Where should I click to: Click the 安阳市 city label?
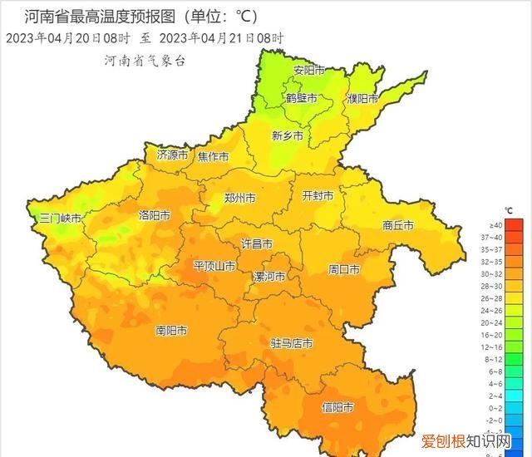(x=308, y=71)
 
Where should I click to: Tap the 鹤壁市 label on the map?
(x=302, y=98)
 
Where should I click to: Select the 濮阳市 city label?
(x=362, y=98)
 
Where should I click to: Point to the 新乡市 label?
(x=288, y=135)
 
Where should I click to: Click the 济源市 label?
(x=173, y=155)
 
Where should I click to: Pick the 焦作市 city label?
(x=214, y=157)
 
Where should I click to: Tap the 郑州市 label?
(x=241, y=199)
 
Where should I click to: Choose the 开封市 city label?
(x=318, y=196)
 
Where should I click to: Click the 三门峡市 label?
(x=61, y=219)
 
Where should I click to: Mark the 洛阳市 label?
(x=155, y=215)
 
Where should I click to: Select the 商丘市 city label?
(x=398, y=224)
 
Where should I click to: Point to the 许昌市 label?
(x=257, y=243)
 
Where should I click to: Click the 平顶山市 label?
(x=214, y=266)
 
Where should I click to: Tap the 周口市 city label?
(x=344, y=269)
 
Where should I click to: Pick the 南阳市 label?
(x=172, y=330)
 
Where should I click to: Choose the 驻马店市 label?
(x=292, y=343)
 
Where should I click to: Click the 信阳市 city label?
(x=337, y=407)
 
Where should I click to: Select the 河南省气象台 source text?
(x=145, y=61)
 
